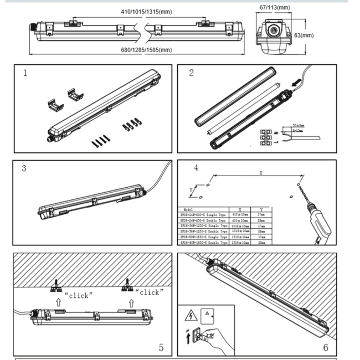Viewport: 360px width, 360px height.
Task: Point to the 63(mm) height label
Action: pos(304,35)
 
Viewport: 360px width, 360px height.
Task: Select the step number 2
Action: pos(191,73)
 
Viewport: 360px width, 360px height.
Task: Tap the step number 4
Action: pos(196,168)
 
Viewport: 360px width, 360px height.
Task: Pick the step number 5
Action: pos(161,348)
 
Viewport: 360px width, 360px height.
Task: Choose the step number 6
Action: pos(326,347)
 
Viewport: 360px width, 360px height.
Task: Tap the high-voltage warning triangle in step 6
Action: pos(190,317)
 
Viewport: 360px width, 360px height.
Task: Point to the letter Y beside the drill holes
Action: pos(191,189)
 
